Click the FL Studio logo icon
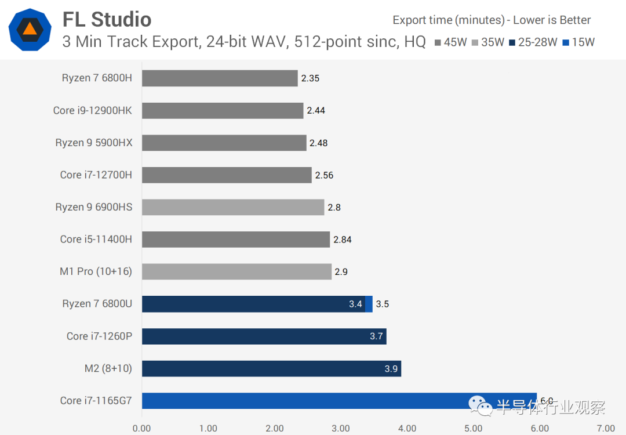pyautogui.click(x=30, y=30)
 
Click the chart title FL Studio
pyautogui.click(x=107, y=20)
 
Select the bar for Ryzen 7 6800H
pyautogui.click(x=220, y=78)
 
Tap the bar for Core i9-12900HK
pyautogui.click(x=223, y=111)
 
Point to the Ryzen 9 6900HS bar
pyautogui.click(x=233, y=207)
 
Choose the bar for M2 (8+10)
pyautogui.click(x=271, y=369)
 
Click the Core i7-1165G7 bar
pyautogui.click(x=339, y=401)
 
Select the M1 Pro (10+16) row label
pyautogui.click(x=96, y=271)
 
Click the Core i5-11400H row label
pyautogui.click(x=96, y=239)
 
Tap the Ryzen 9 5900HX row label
pyautogui.click(x=93, y=143)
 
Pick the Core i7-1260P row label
pyautogui.click(x=99, y=336)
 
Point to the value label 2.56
pyautogui.click(x=324, y=175)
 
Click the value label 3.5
pyautogui.click(x=382, y=304)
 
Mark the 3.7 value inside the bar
pyautogui.click(x=376, y=336)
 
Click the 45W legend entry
pyautogui.click(x=451, y=42)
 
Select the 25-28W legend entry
pyautogui.click(x=533, y=42)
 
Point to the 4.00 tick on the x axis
pyautogui.click(x=407, y=429)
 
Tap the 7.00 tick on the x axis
pyautogui.click(x=606, y=429)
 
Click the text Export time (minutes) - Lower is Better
pyautogui.click(x=492, y=20)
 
